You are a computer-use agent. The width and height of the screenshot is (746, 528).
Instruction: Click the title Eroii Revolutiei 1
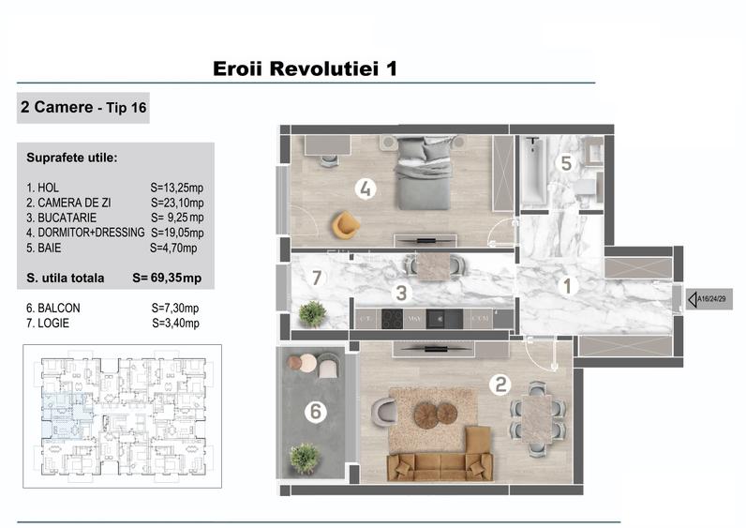point(306,69)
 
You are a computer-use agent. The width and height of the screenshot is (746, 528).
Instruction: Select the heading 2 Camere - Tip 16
point(82,108)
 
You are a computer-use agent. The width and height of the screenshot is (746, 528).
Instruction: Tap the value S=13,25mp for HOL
point(177,188)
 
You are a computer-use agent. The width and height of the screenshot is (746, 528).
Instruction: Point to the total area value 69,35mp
point(179,278)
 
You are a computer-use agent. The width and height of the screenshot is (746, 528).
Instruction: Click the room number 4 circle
point(366,189)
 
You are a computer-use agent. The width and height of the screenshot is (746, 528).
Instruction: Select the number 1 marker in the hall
point(567,287)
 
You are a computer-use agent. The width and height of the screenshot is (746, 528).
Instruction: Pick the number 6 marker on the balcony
point(316,411)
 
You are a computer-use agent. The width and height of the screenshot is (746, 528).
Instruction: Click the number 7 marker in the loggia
point(316,278)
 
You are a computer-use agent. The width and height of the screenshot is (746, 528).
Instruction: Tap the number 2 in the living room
point(501,383)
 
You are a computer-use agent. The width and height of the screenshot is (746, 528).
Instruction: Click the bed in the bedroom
point(424,171)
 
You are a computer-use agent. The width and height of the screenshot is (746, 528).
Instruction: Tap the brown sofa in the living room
point(440,463)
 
